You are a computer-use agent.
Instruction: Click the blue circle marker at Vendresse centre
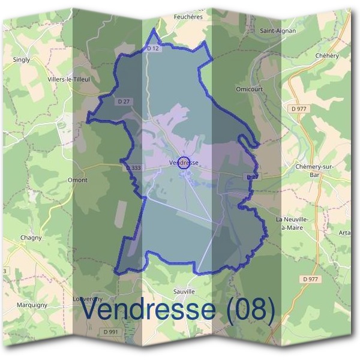[185, 162]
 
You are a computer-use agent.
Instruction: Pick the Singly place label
[21, 60]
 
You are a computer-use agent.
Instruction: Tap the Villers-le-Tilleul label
[69, 79]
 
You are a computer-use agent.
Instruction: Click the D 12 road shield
[153, 49]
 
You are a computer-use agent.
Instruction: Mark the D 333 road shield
[133, 169]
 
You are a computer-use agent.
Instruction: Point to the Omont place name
[78, 180]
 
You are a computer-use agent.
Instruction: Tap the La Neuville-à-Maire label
[292, 223]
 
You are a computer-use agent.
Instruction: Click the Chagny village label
[31, 238]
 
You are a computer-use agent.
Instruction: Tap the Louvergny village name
[88, 299]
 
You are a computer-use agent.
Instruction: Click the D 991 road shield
[110, 331]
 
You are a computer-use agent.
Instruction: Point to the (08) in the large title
[247, 310]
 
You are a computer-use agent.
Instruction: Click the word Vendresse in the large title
[147, 310]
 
